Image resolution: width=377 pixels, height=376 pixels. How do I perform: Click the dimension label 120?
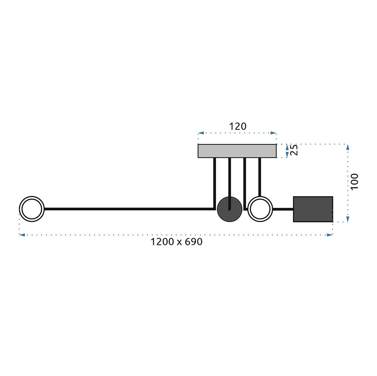point(238,126)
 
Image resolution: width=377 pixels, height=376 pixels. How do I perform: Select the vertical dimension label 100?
point(354,181)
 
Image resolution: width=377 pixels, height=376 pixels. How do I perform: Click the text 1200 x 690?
point(176,242)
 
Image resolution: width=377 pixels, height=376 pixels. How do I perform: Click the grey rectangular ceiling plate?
point(237,151)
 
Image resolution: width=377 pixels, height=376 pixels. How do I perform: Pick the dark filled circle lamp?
point(230,209)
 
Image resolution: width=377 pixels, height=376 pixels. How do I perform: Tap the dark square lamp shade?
point(313,209)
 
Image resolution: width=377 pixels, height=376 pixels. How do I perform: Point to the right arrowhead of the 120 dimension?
point(273,133)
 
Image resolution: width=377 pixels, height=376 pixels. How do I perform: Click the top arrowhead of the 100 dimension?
point(348,147)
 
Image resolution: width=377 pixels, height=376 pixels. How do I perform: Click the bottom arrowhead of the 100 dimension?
point(348,219)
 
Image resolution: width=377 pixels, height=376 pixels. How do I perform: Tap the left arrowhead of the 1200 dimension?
point(22,235)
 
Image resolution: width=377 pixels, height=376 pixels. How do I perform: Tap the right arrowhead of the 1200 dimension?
point(329,235)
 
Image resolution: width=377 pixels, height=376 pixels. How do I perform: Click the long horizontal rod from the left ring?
point(130,209)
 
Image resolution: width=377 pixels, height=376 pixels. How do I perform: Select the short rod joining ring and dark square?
point(283,209)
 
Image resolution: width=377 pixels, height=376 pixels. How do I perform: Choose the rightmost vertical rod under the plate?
point(260,177)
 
